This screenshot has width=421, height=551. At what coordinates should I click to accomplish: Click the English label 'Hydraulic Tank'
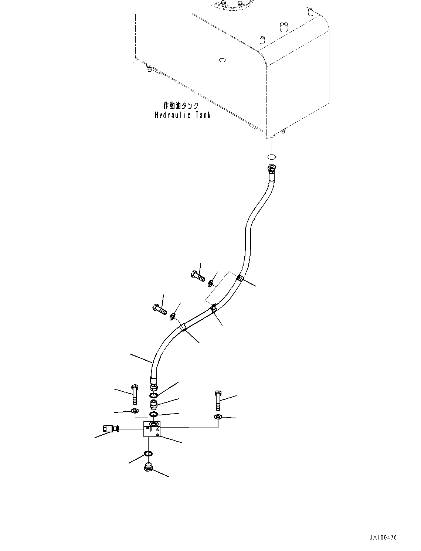[x=183, y=115]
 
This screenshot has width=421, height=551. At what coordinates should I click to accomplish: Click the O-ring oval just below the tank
[x=271, y=157]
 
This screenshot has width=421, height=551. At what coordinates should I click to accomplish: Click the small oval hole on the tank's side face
[x=222, y=60]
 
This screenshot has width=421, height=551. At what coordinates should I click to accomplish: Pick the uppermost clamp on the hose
[x=240, y=278]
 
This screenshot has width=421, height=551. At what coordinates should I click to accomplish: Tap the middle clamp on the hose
[x=214, y=308]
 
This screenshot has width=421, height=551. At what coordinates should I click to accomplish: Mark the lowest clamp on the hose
[x=183, y=327]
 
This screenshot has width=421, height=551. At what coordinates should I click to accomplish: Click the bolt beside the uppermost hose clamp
[x=198, y=276]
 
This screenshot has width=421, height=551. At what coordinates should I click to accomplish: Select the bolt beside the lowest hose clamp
[x=160, y=309]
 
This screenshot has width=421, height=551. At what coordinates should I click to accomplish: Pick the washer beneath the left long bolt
[x=135, y=418]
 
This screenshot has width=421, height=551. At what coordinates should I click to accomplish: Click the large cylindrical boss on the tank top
[x=284, y=27]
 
